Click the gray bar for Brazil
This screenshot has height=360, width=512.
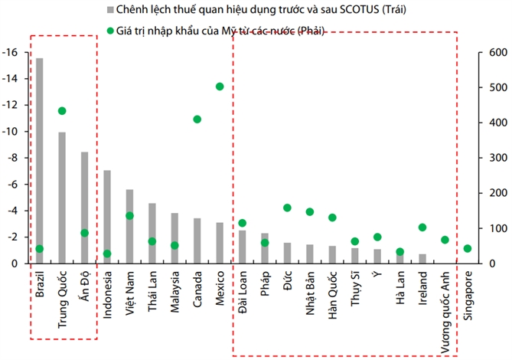[x=39, y=161]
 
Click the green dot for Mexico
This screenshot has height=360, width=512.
[x=220, y=87]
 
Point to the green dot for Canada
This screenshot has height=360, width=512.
[x=197, y=119]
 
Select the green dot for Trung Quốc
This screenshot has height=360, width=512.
[x=62, y=111]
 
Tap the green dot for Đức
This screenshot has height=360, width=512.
[x=287, y=208]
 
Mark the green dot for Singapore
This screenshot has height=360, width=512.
[x=468, y=248]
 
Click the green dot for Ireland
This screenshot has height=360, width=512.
[x=422, y=227]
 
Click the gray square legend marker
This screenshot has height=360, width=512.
[x=112, y=11]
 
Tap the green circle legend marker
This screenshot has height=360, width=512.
[x=112, y=31]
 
